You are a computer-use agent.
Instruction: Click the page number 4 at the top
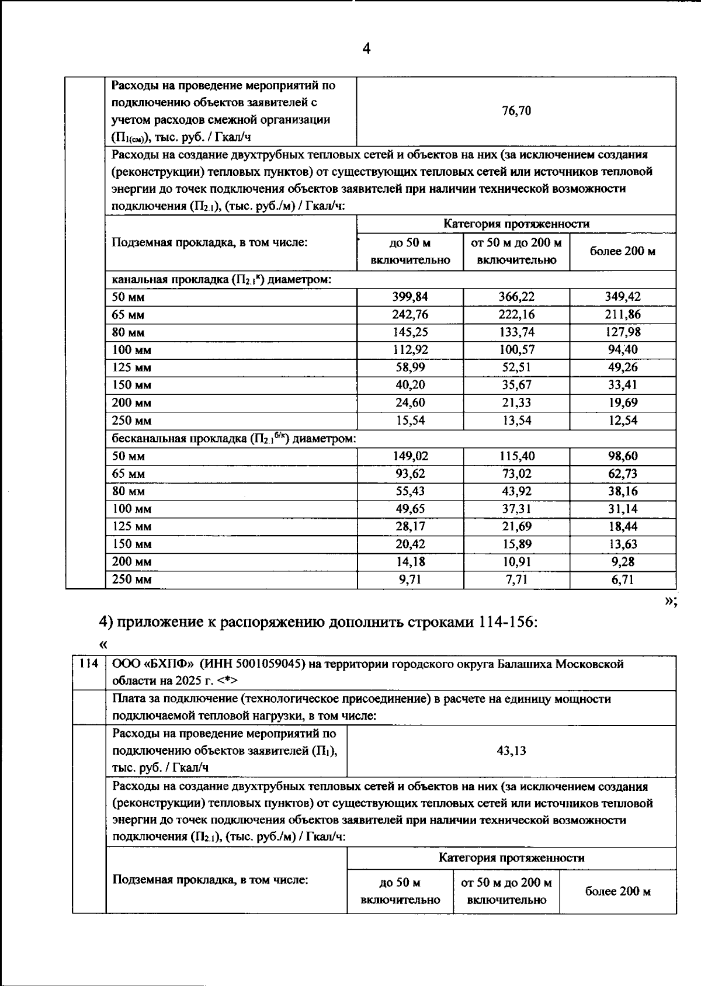(x=366, y=48)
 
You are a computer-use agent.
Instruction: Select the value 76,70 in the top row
(x=516, y=111)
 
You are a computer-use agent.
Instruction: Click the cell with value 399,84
(x=410, y=297)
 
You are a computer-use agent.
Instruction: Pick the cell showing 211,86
(x=622, y=314)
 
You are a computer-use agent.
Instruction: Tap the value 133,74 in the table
(x=516, y=332)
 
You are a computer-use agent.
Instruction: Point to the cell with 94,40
(x=622, y=349)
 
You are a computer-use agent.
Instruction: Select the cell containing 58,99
(x=410, y=367)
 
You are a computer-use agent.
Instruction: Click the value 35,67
(x=516, y=384)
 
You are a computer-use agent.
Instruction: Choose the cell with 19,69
(x=622, y=402)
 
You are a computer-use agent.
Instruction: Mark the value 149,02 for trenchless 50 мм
(x=410, y=456)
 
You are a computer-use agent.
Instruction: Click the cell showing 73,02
(x=516, y=473)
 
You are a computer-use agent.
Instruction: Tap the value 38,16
(x=622, y=491)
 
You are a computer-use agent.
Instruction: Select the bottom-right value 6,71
(x=622, y=579)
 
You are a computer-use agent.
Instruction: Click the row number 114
(x=89, y=664)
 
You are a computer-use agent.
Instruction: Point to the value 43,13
(x=511, y=751)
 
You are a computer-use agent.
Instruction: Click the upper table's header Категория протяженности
(x=516, y=224)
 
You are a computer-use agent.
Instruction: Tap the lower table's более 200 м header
(x=617, y=891)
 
